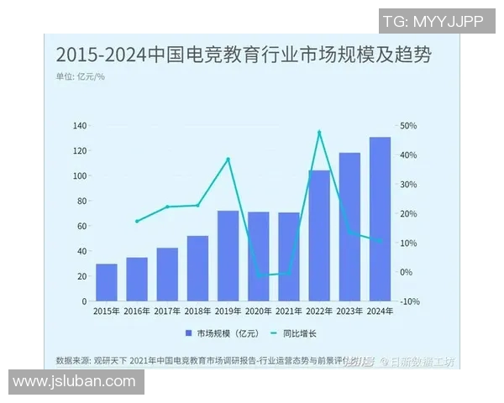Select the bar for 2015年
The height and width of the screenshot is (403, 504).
(x=107, y=282)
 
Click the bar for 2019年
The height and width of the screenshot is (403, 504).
(x=228, y=255)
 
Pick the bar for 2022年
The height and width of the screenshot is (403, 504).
(x=319, y=235)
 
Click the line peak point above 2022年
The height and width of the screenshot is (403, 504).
(x=319, y=132)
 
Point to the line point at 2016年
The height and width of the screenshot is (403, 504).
(x=137, y=222)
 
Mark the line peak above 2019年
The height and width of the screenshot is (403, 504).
(x=228, y=160)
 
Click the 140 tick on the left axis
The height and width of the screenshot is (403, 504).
(x=80, y=126)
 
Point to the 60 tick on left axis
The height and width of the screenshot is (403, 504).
(x=82, y=227)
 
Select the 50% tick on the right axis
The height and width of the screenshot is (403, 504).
(x=408, y=126)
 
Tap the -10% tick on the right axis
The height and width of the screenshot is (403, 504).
(x=409, y=301)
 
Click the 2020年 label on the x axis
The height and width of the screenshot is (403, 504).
(x=258, y=311)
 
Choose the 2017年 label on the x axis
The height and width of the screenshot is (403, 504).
(x=167, y=311)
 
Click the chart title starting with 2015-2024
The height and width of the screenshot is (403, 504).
(x=243, y=55)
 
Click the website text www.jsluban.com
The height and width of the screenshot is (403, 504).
(x=74, y=381)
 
